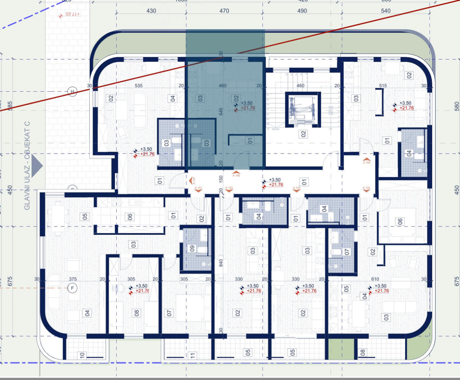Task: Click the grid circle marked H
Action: (x=72, y=92)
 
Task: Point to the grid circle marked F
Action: (x=71, y=287)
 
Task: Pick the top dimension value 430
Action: (x=151, y=11)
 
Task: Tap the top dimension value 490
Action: (x=302, y=11)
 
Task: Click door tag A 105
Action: (x=367, y=162)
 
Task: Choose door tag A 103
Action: (x=296, y=188)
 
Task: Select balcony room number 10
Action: (x=82, y=355)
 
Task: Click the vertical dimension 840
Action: (x=221, y=263)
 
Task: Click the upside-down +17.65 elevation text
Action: (x=71, y=14)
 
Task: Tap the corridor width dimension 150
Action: (x=221, y=179)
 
